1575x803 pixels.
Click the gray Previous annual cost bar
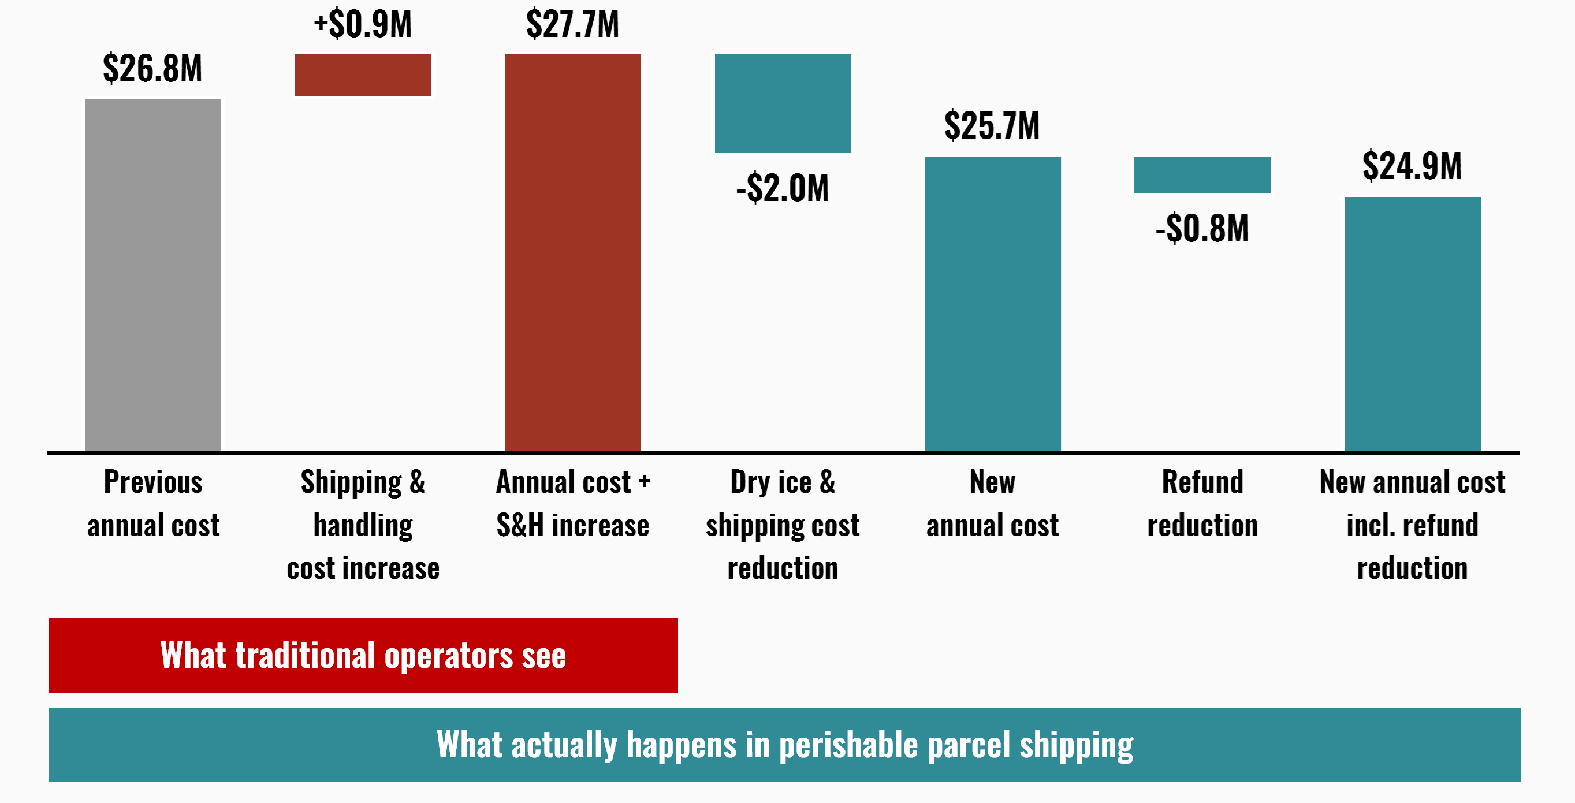click(x=153, y=275)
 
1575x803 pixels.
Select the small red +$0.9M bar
click(x=363, y=75)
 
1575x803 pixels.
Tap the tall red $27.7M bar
click(x=573, y=252)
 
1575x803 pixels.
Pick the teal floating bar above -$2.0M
click(x=783, y=103)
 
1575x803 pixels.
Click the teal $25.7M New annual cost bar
click(x=992, y=303)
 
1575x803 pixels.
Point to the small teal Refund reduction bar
click(x=1202, y=174)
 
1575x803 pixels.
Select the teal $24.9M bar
click(x=1412, y=324)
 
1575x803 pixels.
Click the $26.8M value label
click(x=152, y=68)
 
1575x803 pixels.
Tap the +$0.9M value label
click(x=363, y=24)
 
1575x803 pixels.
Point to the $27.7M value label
click(x=573, y=24)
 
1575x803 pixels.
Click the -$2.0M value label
click(x=783, y=188)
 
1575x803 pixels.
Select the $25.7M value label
click(x=992, y=125)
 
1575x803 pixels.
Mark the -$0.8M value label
click(x=1202, y=228)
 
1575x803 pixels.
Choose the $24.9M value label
click(x=1412, y=166)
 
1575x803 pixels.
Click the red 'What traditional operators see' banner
click(x=363, y=655)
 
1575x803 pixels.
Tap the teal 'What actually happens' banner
click(x=784, y=744)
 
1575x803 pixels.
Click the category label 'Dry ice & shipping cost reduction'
click(x=783, y=525)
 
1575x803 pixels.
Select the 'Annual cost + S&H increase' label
click(x=573, y=503)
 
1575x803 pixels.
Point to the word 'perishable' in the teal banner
click(x=848, y=745)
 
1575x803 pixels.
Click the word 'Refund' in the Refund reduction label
click(x=1202, y=482)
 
